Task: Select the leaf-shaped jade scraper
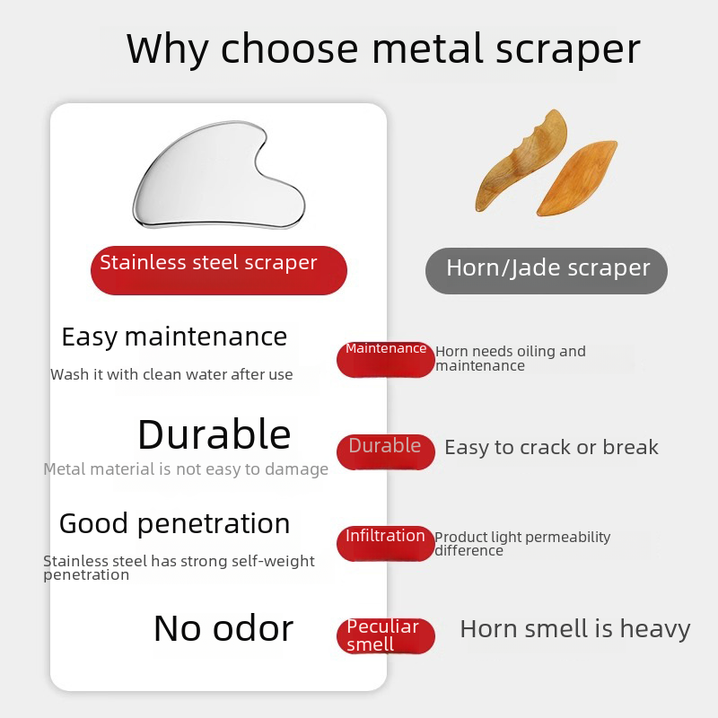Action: pos(577,179)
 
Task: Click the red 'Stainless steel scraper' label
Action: pos(219,270)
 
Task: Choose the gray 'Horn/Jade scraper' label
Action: pos(547,271)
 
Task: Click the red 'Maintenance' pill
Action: pos(386,360)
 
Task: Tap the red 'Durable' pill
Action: pos(386,452)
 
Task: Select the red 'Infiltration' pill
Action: pos(386,544)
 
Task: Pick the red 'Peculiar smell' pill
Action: pos(386,635)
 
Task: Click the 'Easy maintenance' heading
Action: pos(174,337)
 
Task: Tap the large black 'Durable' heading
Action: pos(215,434)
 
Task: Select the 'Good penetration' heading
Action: pos(174,524)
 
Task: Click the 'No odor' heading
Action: pos(223,628)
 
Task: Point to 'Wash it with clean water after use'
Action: pos(171,374)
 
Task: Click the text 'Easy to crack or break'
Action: pos(551,447)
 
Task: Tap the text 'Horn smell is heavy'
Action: pos(575,629)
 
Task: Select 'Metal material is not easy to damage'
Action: pos(186,469)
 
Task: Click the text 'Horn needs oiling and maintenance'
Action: pos(511,358)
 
